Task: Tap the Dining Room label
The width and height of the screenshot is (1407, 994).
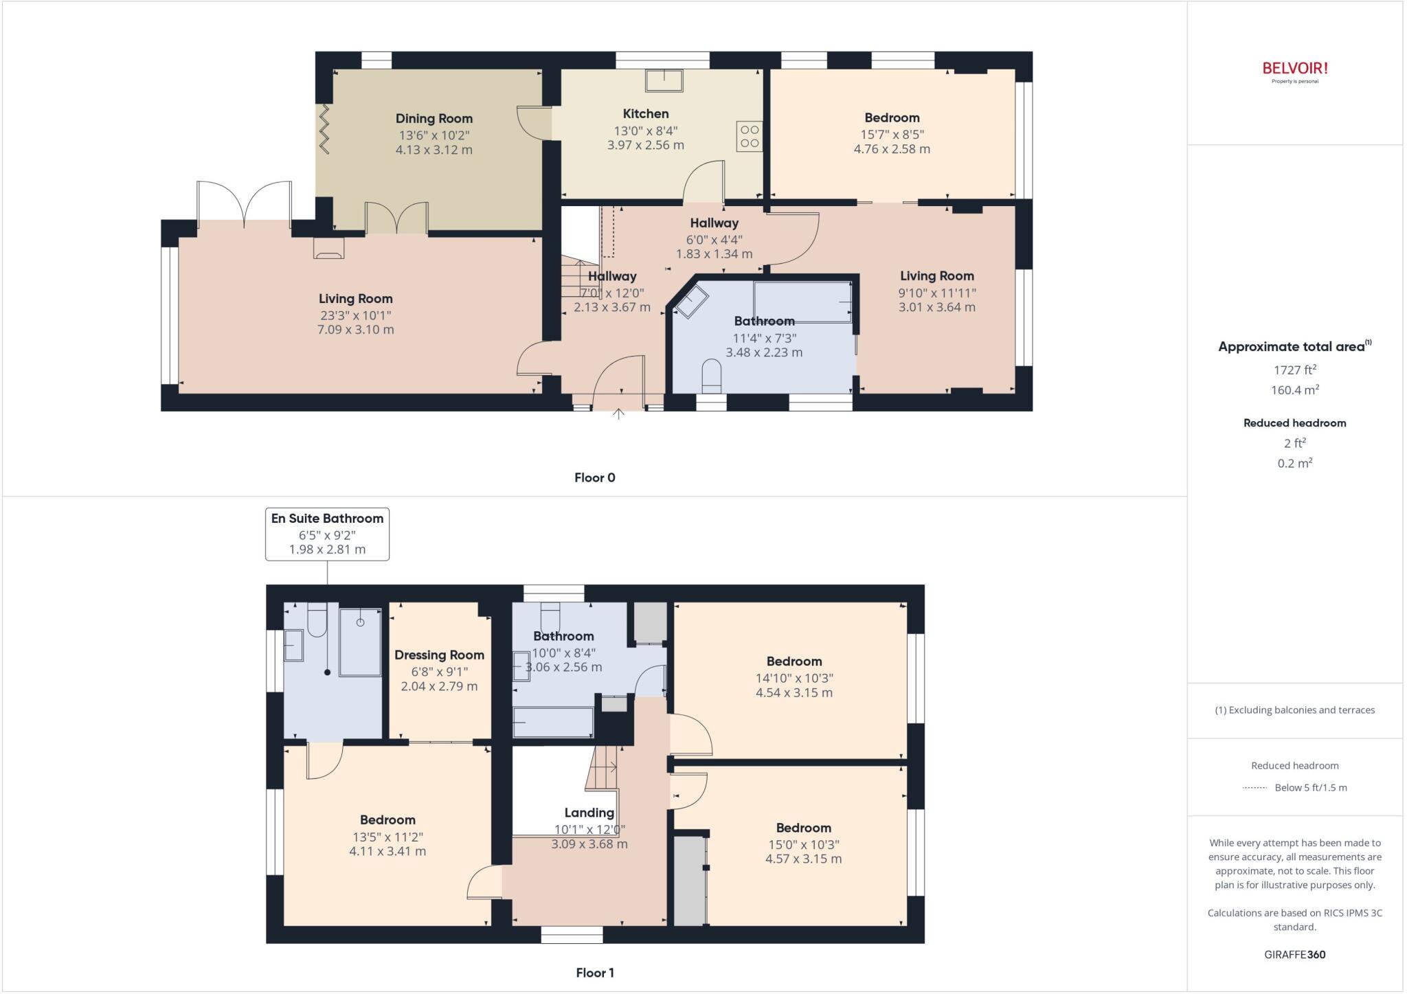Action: (x=434, y=118)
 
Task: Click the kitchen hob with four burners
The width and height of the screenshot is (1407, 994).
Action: (x=750, y=136)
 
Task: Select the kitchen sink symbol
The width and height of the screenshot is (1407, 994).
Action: (x=664, y=80)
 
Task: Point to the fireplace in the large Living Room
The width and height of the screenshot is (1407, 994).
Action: (x=328, y=248)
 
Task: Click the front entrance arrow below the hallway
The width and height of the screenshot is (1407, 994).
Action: (x=618, y=414)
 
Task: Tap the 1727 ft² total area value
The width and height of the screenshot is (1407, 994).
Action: (x=1294, y=370)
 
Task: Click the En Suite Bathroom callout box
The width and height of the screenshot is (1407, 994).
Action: (x=327, y=534)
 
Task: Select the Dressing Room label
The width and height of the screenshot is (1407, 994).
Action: (x=439, y=655)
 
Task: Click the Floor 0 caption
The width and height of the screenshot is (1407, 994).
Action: (x=594, y=477)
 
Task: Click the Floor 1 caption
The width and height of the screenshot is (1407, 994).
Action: (x=594, y=973)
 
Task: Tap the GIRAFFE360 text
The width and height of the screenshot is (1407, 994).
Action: (x=1294, y=954)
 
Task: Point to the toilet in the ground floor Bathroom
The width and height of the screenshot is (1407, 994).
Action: (x=711, y=377)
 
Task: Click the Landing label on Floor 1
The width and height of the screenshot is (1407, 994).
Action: (x=589, y=813)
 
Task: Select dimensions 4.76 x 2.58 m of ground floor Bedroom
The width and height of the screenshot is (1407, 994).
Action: (x=892, y=149)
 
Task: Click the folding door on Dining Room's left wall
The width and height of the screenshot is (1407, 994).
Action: (x=324, y=128)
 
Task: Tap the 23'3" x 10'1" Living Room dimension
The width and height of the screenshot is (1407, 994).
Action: (x=355, y=315)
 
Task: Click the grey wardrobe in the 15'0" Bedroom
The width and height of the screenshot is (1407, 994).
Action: (x=690, y=880)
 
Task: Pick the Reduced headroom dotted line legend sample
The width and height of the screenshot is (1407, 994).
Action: (x=1254, y=788)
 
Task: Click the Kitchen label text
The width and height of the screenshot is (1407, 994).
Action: (x=645, y=113)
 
